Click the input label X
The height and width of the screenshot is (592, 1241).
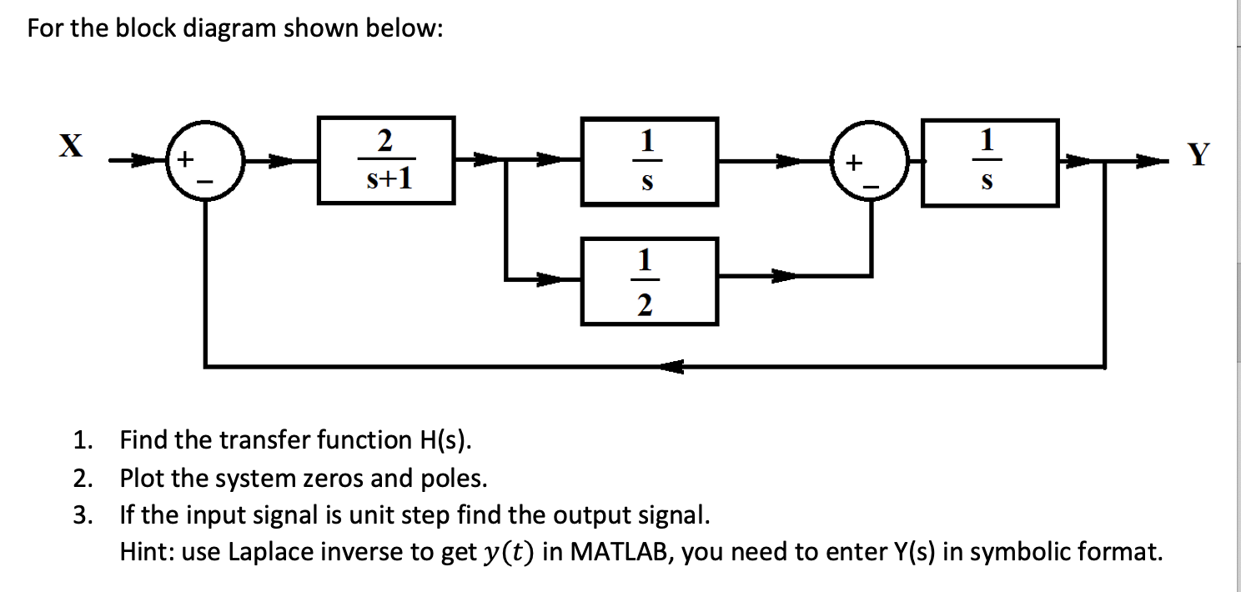coord(73,147)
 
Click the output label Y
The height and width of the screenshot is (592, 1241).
coord(1198,154)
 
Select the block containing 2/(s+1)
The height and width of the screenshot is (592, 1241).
coord(386,160)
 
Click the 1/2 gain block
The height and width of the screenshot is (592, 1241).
coord(650,281)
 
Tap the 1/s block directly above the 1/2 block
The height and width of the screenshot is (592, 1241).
coord(650,160)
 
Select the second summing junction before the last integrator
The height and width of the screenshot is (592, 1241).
coord(872,162)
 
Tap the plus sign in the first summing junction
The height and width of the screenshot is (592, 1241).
coord(188,156)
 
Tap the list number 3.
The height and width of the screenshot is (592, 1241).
coord(80,514)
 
